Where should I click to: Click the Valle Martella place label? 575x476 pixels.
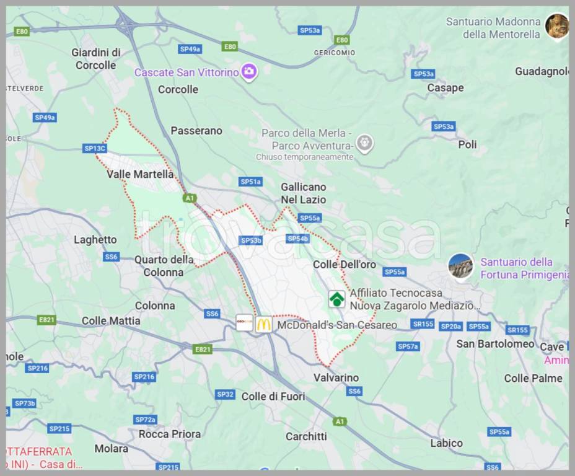[x=140, y=175]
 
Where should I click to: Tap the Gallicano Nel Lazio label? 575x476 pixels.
[x=303, y=193]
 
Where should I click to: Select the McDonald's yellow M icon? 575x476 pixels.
[x=264, y=324]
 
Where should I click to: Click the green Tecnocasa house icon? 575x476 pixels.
[x=336, y=299]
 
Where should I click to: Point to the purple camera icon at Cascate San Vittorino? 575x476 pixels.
[x=249, y=72]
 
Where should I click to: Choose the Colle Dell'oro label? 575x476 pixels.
[x=345, y=265]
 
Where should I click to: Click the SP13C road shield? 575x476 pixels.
[x=95, y=148]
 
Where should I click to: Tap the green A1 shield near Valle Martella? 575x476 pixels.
[x=190, y=198]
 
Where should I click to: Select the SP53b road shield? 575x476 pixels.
[x=251, y=240]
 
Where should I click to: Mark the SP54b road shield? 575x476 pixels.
[x=297, y=239]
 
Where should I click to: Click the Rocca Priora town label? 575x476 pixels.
[x=170, y=434]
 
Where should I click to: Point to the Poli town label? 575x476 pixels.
[x=467, y=144]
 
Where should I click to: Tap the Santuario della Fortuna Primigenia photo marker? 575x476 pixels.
[x=460, y=266]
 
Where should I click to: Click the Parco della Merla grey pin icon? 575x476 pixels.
[x=365, y=144]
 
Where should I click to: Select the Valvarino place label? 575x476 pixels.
[x=336, y=377]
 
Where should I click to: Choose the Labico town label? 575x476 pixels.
[x=446, y=443]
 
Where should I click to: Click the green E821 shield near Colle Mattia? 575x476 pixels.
[x=46, y=320]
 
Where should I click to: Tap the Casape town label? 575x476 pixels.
[x=446, y=88]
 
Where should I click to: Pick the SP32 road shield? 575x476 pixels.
[x=225, y=394]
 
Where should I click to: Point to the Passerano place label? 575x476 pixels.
[x=196, y=131]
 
